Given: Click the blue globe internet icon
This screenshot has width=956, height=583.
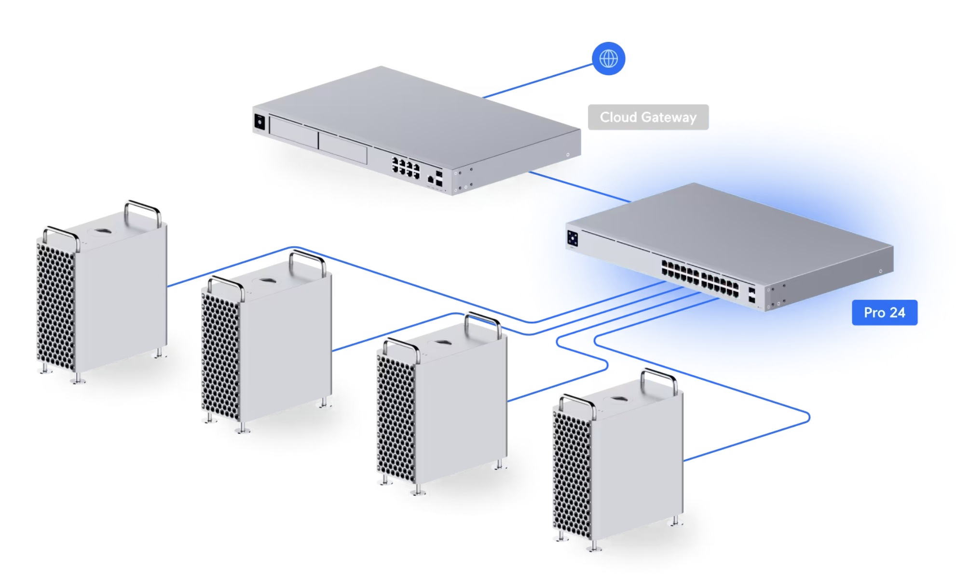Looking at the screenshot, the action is [x=608, y=59].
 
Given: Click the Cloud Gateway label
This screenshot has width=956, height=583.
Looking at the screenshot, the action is [x=648, y=117].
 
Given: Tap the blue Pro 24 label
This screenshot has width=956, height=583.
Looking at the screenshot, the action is [x=884, y=313].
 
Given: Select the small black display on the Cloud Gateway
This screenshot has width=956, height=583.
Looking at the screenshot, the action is [x=259, y=121].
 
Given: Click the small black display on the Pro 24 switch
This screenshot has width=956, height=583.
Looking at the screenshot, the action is [x=573, y=238].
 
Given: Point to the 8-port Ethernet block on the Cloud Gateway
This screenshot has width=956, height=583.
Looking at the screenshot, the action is [x=406, y=167].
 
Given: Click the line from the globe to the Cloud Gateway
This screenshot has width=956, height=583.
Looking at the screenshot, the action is [x=538, y=80].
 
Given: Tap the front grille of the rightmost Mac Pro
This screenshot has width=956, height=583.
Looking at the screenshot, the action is [x=572, y=474].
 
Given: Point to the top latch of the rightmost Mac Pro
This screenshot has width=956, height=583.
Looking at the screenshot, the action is [x=618, y=399].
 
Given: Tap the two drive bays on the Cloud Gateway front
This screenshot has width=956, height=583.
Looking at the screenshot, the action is [x=318, y=140].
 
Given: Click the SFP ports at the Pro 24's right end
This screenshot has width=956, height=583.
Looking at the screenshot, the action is [x=751, y=295].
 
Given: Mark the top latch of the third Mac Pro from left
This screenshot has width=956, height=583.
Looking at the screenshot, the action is [x=442, y=343].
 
